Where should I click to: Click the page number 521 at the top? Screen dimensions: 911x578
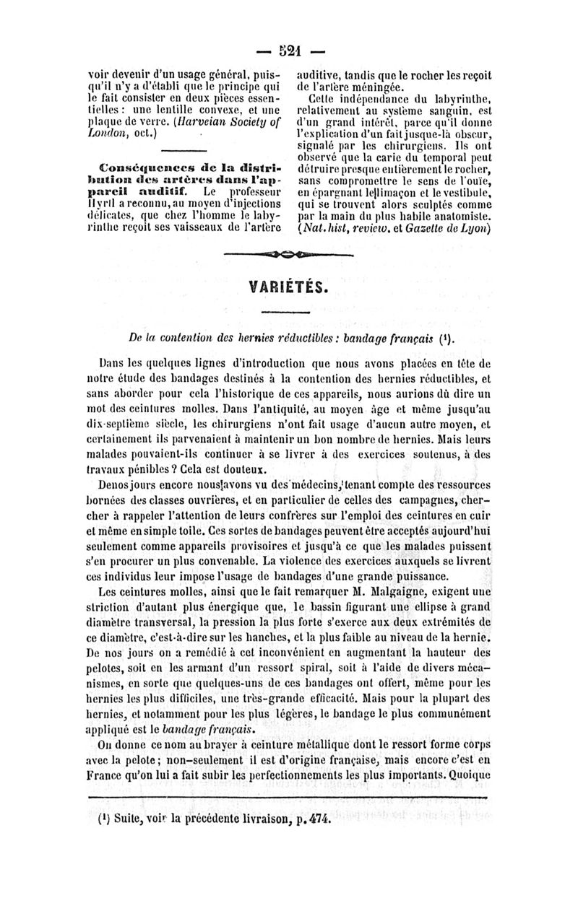[x=289, y=51]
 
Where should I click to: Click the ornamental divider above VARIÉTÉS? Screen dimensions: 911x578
[x=289, y=255]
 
